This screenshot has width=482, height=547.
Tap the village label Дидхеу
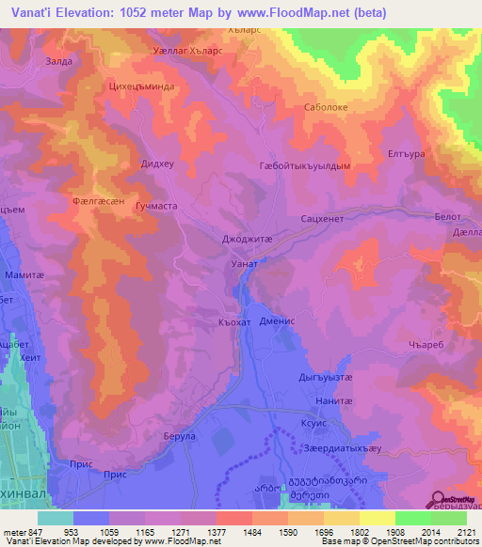[156, 163]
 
